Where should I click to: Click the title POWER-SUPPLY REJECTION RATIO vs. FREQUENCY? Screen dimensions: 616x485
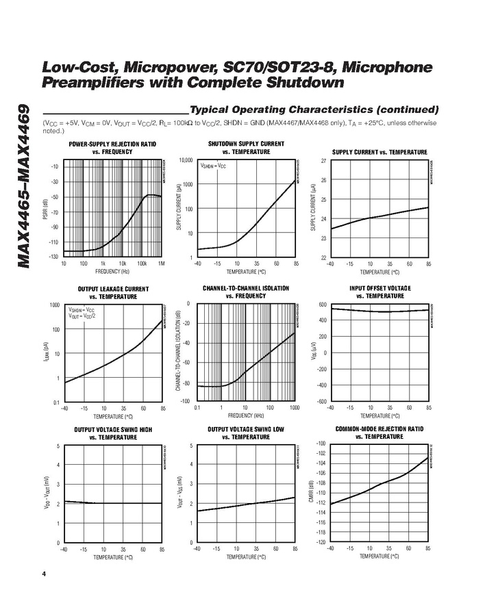pos(112,148)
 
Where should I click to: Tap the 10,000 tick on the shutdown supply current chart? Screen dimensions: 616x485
pos(184,159)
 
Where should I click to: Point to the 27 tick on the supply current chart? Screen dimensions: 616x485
pos(323,161)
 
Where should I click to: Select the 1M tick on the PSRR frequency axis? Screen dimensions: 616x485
pos(161,264)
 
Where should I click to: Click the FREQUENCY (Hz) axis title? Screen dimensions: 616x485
pos(112,272)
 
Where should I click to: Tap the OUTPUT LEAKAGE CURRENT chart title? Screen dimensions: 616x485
pos(113,293)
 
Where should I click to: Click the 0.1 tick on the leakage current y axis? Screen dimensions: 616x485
pos(55,402)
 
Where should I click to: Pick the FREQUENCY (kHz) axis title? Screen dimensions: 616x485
pos(246,415)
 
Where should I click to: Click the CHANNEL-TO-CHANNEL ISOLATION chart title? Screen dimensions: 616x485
pos(246,292)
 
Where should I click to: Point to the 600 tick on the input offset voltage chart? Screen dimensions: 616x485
pos(323,305)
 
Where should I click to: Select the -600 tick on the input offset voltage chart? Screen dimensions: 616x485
pos(322,402)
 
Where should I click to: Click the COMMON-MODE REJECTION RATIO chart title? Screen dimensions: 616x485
pos(380,433)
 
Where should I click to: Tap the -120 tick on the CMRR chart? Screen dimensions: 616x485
pos(321,542)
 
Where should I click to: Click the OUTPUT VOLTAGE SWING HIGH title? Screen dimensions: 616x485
pos(113,433)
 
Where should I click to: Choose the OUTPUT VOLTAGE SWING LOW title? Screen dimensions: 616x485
pos(246,433)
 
